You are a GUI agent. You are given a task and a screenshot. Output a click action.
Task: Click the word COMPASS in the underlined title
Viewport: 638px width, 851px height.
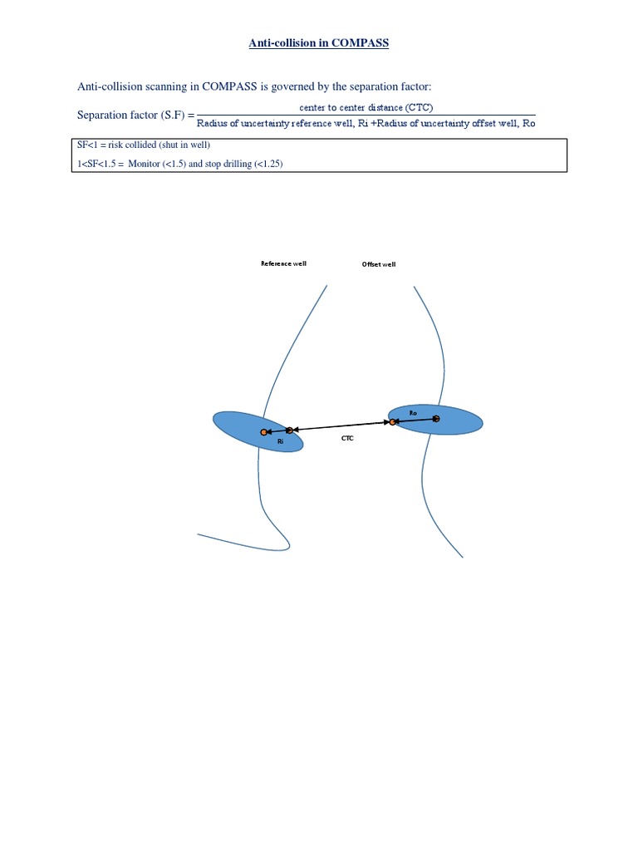[x=360, y=43]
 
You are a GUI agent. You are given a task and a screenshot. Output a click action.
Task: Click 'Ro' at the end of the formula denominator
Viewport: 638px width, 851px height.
[x=528, y=124]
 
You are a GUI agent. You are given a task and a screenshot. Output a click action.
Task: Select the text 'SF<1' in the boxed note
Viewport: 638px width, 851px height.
[x=86, y=145]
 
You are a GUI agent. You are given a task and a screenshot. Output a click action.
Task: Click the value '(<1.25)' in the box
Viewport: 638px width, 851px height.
[x=267, y=164]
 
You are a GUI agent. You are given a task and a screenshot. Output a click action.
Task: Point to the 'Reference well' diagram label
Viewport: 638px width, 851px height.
[x=283, y=263]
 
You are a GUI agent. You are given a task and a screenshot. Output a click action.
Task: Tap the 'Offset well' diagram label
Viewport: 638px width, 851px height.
[x=379, y=264]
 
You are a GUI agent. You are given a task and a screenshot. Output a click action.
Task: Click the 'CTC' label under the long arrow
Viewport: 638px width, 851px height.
[x=347, y=437]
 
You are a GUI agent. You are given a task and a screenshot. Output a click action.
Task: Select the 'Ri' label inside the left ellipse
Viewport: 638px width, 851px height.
[x=281, y=442]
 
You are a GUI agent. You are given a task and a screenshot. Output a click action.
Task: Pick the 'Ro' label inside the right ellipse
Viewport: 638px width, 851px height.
[x=413, y=412]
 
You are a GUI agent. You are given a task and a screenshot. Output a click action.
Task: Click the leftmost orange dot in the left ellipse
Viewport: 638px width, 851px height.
[x=263, y=432]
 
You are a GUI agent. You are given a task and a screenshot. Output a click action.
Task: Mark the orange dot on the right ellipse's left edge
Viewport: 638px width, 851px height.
[x=393, y=422]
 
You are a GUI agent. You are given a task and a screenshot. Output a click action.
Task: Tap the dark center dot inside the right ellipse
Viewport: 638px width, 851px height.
[x=436, y=418]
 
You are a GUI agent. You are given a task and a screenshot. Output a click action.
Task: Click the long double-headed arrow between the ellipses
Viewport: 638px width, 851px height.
[x=341, y=426]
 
